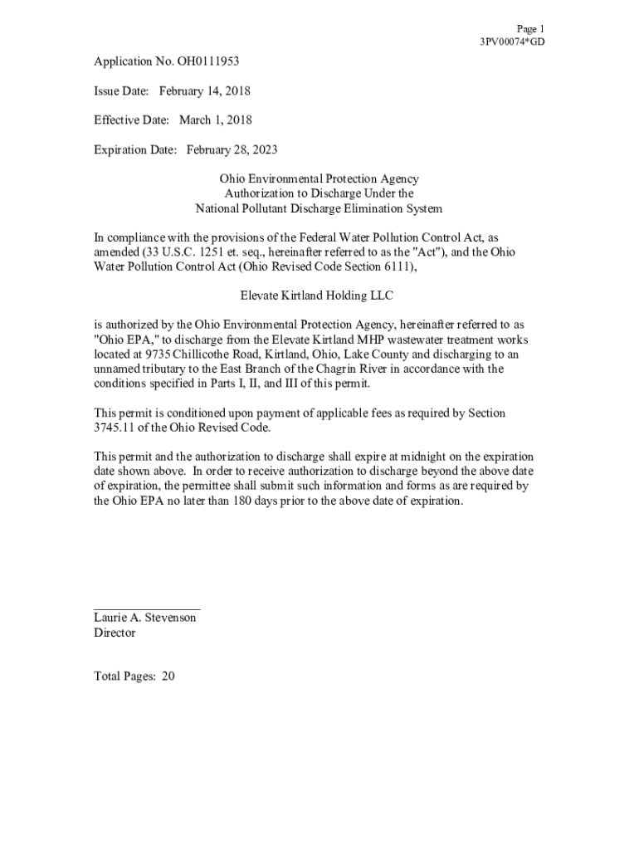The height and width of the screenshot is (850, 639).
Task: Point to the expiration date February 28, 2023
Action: [x=232, y=150]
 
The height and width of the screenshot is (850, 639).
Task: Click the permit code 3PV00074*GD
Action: [x=512, y=42]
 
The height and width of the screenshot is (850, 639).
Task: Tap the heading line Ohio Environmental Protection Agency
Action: [x=319, y=179]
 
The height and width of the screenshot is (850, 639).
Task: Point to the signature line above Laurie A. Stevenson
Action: [x=147, y=610]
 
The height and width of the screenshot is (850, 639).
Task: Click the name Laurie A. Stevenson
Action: [x=145, y=618]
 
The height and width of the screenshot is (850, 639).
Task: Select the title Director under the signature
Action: [x=115, y=633]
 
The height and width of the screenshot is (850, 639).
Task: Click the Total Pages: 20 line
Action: [x=134, y=677]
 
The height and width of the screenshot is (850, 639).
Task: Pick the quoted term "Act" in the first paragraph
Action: [x=427, y=252]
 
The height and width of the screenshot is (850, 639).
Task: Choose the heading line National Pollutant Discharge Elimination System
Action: [x=319, y=209]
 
